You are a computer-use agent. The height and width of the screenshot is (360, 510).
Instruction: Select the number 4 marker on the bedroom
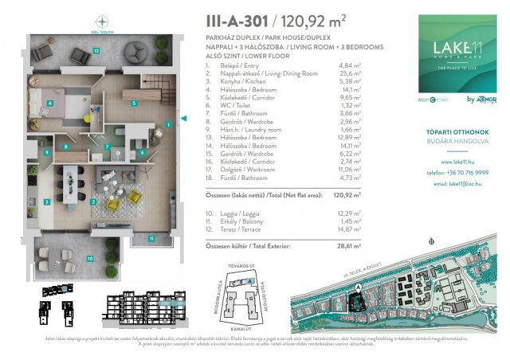[49, 103]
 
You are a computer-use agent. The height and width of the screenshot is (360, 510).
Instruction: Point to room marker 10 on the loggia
[90, 258]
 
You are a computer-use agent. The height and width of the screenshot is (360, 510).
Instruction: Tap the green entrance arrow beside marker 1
[183, 119]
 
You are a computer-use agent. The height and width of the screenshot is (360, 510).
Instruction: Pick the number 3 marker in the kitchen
[49, 202]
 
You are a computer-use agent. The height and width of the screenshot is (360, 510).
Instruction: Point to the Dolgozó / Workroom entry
[239, 172]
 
